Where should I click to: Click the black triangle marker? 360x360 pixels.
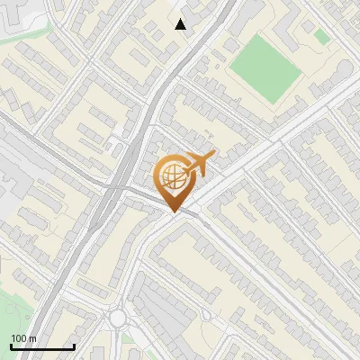click(x=181, y=24)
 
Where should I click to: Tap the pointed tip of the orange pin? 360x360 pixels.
click(x=175, y=212)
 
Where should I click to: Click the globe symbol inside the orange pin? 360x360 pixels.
click(x=175, y=176)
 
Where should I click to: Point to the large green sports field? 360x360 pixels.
click(x=264, y=67)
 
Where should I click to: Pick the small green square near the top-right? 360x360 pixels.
click(x=321, y=36)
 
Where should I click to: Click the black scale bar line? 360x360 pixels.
click(x=41, y=346)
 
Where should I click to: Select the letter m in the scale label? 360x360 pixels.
click(x=33, y=338)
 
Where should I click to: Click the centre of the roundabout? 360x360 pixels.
click(x=118, y=318)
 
